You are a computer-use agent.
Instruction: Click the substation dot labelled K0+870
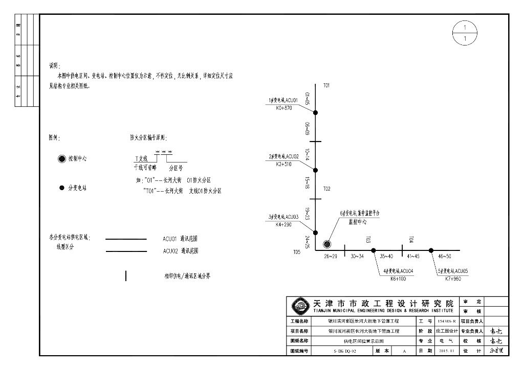(316, 112)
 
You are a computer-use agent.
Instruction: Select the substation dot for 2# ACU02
(316, 170)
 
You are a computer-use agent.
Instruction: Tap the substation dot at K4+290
(316, 231)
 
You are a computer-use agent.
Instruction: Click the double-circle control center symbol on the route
(327, 244)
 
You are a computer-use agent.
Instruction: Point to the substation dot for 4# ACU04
(374, 250)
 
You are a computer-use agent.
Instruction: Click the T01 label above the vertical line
(326, 85)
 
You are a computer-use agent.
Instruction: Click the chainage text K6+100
(398, 279)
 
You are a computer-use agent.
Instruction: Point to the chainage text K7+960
(453, 279)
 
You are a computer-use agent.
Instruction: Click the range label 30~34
(357, 256)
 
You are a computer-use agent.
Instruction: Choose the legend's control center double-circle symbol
(62, 159)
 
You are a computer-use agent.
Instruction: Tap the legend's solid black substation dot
(62, 188)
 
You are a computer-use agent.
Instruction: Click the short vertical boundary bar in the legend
(126, 276)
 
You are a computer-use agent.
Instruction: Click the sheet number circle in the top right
(465, 33)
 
